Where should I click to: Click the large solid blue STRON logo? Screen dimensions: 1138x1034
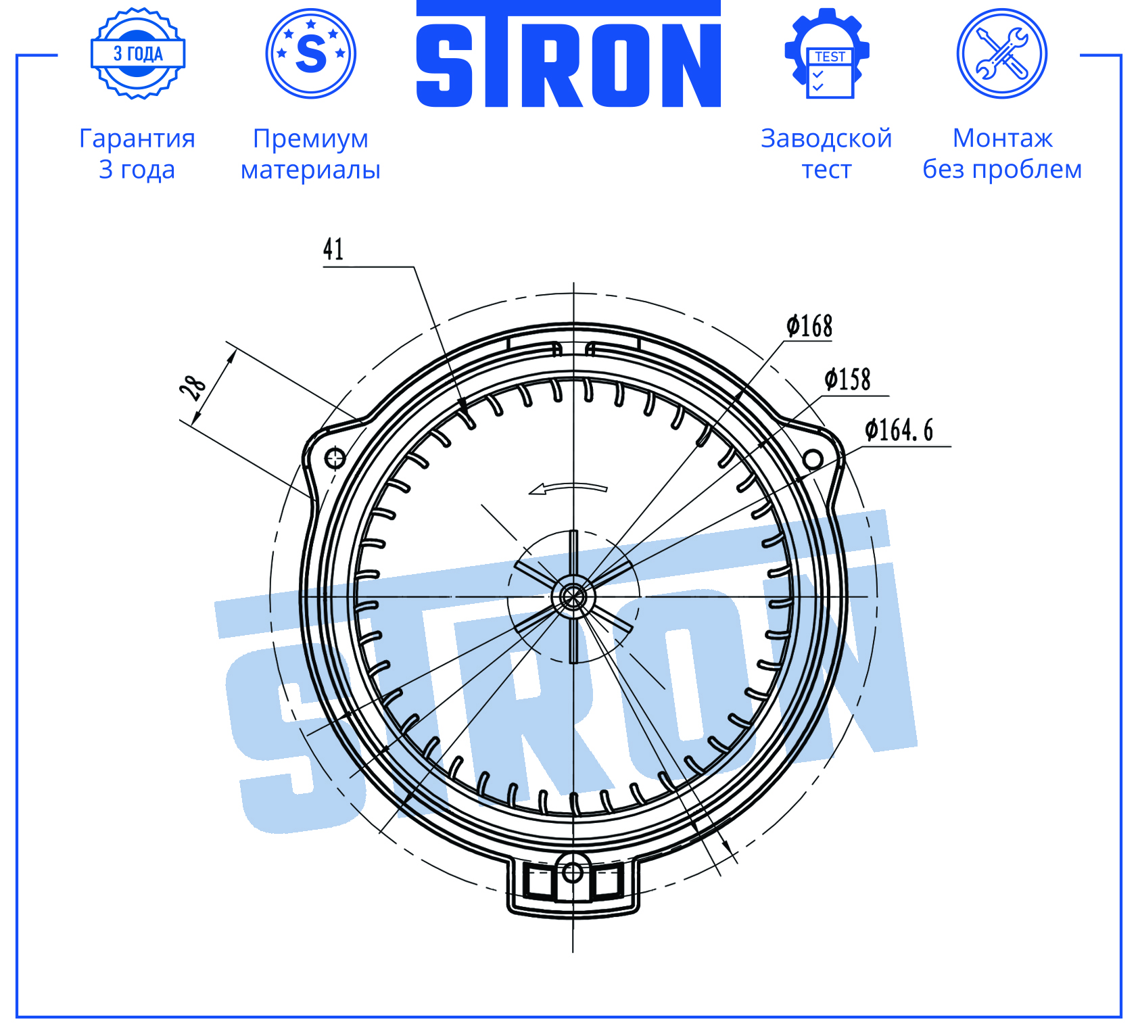tap(568, 54)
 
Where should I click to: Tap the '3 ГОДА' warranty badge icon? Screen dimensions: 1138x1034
tap(138, 53)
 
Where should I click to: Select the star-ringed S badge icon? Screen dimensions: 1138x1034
tap(311, 53)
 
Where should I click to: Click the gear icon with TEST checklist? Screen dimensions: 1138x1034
tap(827, 53)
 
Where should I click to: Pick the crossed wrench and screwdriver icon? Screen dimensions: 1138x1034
tap(1002, 53)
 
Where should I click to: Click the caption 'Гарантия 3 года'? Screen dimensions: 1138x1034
tap(137, 154)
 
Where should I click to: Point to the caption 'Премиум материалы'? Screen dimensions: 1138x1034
tap(310, 154)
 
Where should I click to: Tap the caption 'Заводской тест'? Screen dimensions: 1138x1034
tap(826, 154)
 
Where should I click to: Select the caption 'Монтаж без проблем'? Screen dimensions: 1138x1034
tap(1002, 154)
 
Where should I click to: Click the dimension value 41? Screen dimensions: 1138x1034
tap(333, 249)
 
